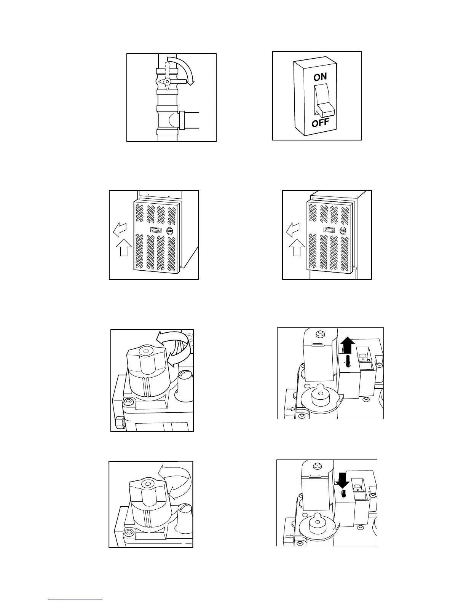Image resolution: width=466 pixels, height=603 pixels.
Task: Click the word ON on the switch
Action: point(320,77)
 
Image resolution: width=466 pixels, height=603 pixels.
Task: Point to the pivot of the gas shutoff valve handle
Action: point(167,81)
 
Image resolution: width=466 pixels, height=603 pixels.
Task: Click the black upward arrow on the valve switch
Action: point(347,346)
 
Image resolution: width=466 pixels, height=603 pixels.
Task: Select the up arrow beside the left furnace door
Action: point(123,247)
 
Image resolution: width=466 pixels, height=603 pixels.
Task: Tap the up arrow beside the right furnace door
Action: point(296,247)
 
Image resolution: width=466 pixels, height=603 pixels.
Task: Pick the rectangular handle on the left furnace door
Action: point(156,230)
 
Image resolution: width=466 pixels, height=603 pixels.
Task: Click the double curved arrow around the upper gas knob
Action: point(176,348)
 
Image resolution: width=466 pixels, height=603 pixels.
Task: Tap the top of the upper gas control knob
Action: point(146,349)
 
